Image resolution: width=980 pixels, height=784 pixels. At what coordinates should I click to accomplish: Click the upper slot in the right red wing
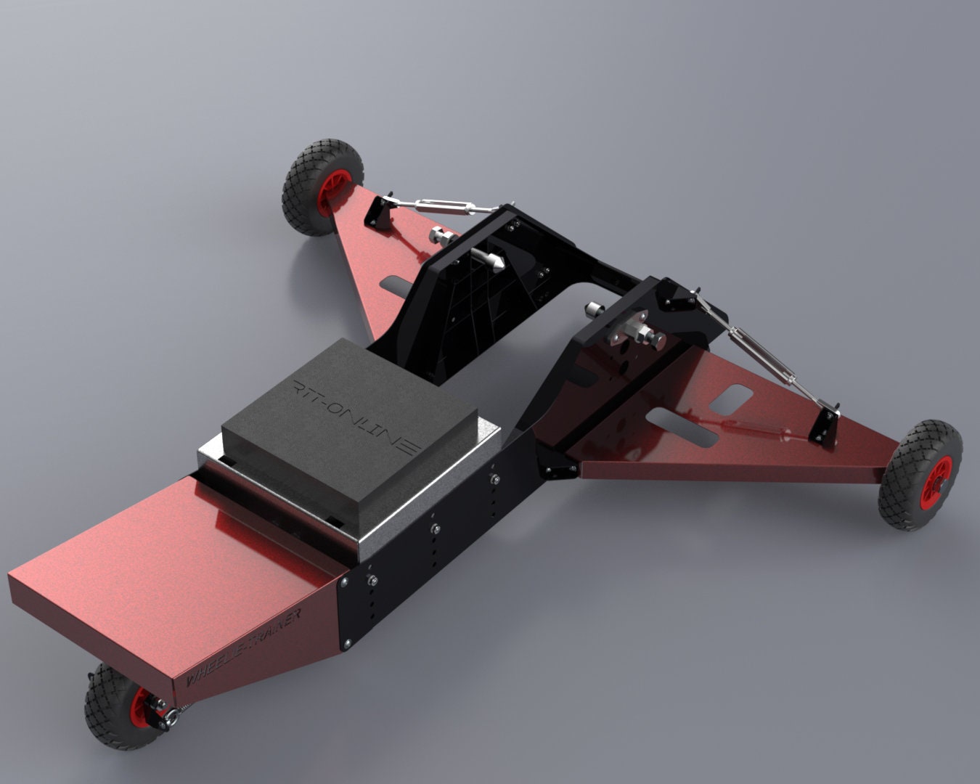click(x=730, y=400)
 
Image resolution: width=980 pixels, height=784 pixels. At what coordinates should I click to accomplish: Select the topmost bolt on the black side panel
click(x=494, y=478)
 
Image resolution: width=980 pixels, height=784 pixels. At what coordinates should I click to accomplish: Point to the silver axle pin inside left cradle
click(x=486, y=257)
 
